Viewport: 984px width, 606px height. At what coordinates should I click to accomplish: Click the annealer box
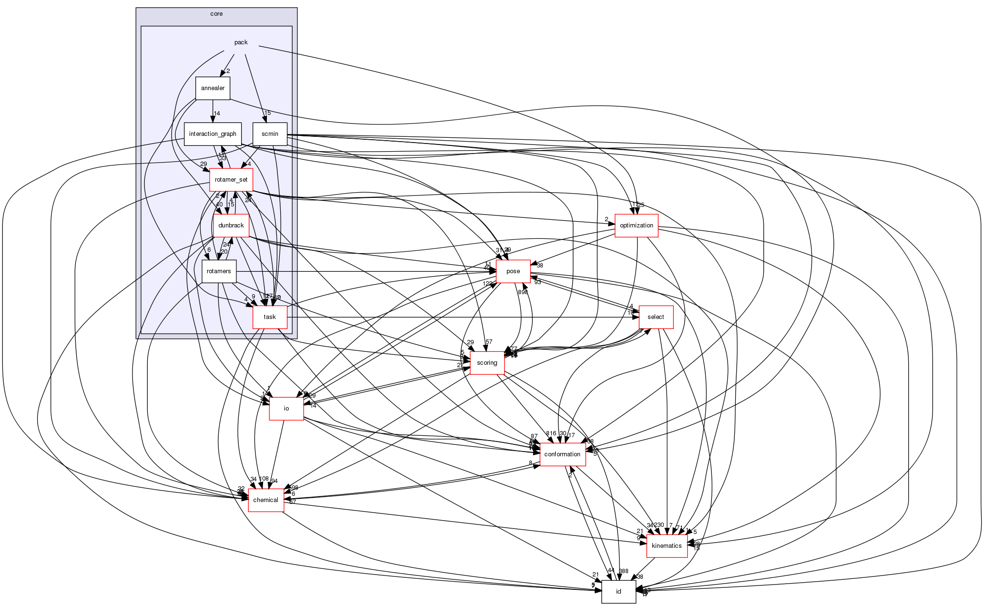click(x=213, y=88)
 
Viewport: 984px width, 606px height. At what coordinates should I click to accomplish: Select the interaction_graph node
click(x=213, y=134)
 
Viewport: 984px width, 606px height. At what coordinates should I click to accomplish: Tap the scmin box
click(x=270, y=134)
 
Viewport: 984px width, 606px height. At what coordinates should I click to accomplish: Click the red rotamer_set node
click(x=231, y=180)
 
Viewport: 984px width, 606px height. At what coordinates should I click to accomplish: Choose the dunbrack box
click(x=231, y=226)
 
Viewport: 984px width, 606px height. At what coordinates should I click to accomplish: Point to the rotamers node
click(x=219, y=271)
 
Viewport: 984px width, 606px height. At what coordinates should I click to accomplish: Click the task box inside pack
click(x=270, y=317)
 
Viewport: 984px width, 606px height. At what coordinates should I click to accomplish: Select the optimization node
click(x=636, y=226)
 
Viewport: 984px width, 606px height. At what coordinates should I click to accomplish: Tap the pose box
click(x=513, y=271)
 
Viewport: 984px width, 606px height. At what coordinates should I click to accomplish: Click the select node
click(x=656, y=317)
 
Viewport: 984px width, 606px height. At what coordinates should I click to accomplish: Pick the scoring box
click(x=487, y=363)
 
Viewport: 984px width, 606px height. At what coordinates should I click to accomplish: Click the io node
click(x=286, y=409)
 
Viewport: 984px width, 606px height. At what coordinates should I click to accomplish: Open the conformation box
click(x=562, y=454)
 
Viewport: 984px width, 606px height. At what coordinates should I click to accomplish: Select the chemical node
click(x=266, y=500)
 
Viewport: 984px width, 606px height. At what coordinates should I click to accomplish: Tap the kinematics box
click(x=667, y=546)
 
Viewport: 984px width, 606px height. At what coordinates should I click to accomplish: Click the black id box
click(x=619, y=592)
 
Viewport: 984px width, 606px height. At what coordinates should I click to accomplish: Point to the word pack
click(x=241, y=42)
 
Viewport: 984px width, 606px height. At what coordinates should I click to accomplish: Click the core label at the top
click(x=216, y=14)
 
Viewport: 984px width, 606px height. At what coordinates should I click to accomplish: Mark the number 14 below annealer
click(x=217, y=113)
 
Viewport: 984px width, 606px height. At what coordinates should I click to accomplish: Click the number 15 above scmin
click(x=267, y=113)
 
